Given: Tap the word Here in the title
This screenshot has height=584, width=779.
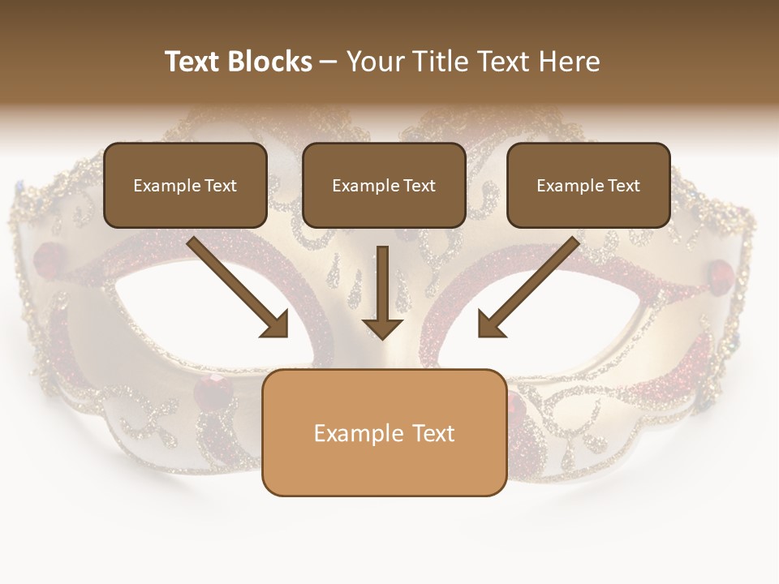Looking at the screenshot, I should click(x=569, y=62).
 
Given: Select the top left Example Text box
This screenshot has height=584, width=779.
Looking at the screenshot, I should click(x=185, y=185).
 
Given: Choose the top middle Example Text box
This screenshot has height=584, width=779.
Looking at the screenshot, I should click(x=384, y=185).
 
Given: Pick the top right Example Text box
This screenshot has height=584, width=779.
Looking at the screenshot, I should click(x=588, y=185).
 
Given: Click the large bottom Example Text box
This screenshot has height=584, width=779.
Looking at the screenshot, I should click(x=384, y=432).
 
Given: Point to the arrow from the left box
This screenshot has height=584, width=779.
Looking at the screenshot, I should click(x=239, y=287).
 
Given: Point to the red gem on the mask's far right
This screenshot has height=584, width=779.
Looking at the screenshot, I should click(x=721, y=271).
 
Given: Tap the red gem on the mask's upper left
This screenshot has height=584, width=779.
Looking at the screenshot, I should click(x=49, y=253).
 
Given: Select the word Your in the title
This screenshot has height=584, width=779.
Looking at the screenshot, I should click(x=372, y=62).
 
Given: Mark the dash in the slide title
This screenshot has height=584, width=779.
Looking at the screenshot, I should click(x=329, y=62).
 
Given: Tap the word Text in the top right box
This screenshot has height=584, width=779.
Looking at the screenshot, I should click(x=623, y=186).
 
